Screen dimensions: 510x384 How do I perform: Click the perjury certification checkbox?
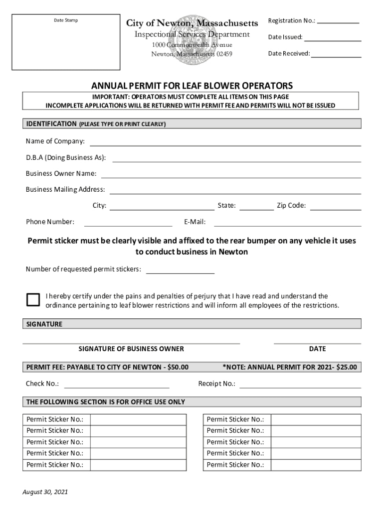tap(33, 299)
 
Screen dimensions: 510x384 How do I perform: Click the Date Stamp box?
tap(66, 42)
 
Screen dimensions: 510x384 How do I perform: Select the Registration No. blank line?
tap(338, 22)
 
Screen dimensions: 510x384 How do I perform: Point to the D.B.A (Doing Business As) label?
tap(66, 157)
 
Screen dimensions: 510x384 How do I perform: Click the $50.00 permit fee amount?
tap(178, 368)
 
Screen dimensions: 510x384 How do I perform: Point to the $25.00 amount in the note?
tap(347, 368)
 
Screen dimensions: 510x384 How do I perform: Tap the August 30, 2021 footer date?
tap(45, 492)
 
